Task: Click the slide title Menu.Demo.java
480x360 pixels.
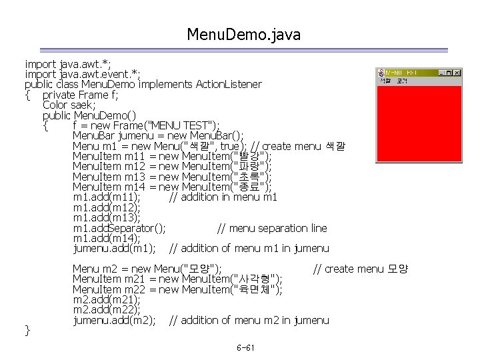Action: [244, 34]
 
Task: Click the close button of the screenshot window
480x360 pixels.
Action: [457, 72]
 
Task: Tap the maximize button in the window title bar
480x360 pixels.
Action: [449, 72]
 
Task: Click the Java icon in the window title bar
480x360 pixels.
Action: [381, 72]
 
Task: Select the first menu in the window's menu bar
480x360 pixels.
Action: [385, 81]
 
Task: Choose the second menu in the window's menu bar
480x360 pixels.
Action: [401, 81]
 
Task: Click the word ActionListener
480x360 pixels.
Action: [228, 85]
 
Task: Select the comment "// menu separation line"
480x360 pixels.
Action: [272, 228]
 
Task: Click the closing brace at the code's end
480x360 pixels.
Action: [27, 329]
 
